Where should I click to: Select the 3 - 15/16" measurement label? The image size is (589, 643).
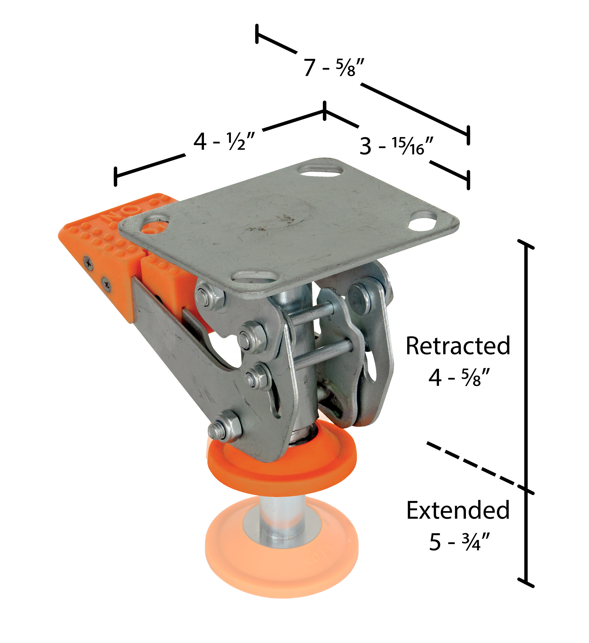pyautogui.click(x=397, y=146)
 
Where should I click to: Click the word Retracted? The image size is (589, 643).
pyautogui.click(x=458, y=346)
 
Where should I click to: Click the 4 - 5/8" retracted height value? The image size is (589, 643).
pyautogui.click(x=459, y=377)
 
